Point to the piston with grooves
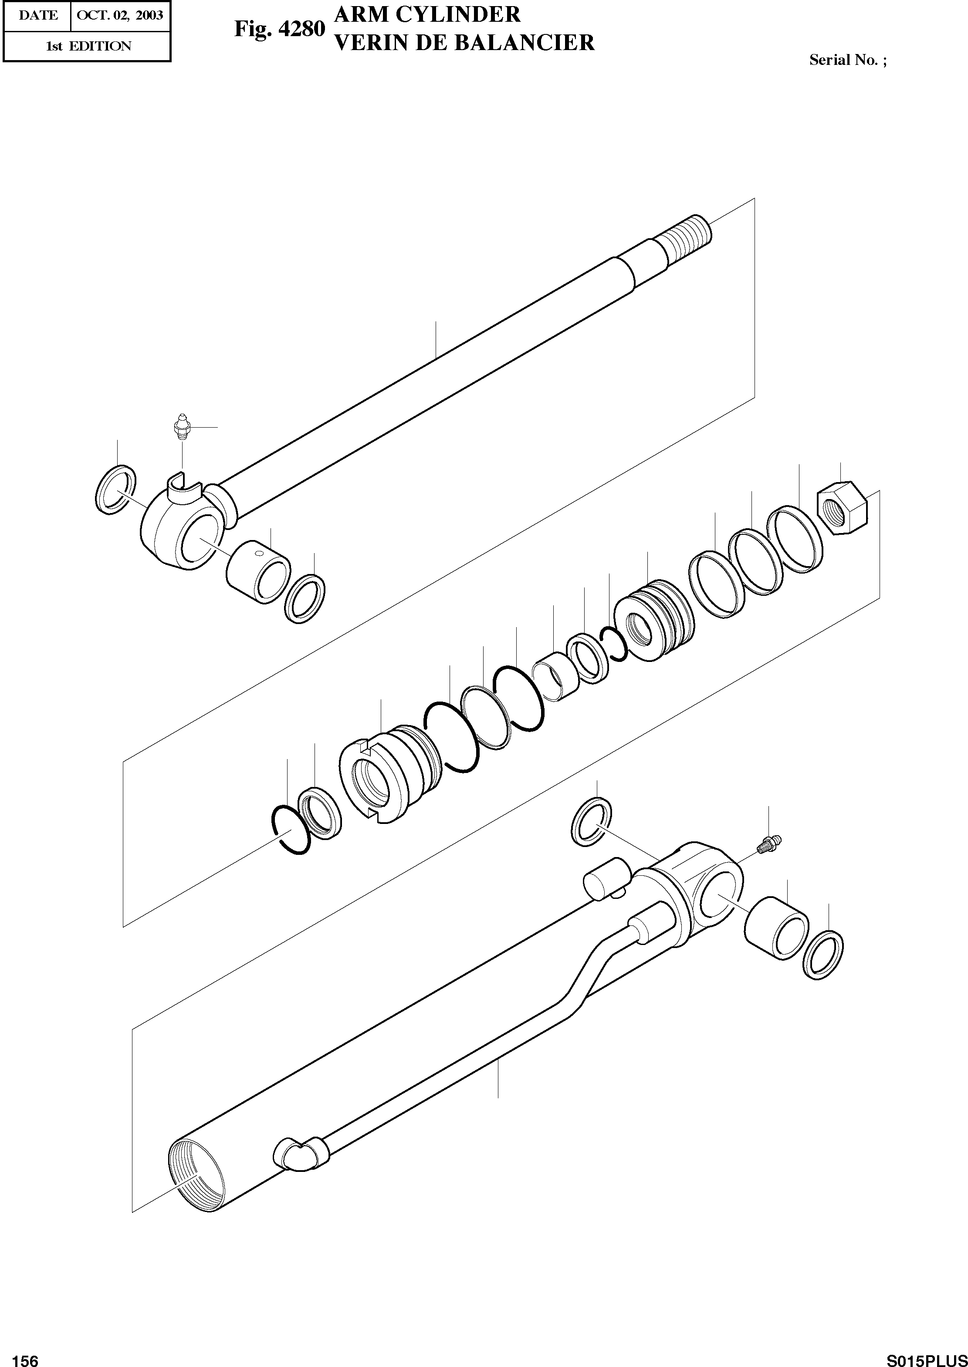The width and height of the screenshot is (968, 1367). tap(654, 620)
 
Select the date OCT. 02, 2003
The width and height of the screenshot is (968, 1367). tap(120, 15)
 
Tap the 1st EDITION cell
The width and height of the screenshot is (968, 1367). tap(88, 46)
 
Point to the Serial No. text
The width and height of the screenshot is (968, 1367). tap(847, 60)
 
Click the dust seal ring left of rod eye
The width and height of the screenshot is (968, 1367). tap(115, 490)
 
